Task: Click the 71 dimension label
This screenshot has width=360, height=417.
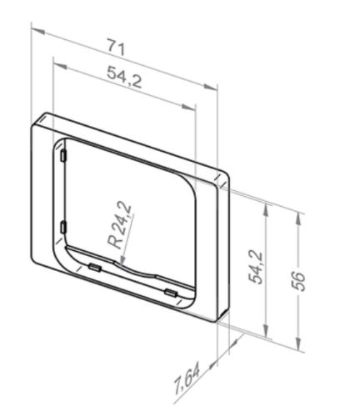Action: pos(117,48)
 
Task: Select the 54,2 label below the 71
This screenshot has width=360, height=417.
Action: pos(124,77)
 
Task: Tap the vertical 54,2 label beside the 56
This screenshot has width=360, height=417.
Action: pos(256,267)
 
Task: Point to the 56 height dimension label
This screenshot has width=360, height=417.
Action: pos(299,281)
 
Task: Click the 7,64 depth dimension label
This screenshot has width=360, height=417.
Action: pos(187,380)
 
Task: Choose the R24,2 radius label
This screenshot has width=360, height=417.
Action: pos(120,225)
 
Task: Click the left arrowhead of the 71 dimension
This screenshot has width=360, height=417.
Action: pos(38,31)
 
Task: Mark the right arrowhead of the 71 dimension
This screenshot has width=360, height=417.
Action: pos(210,88)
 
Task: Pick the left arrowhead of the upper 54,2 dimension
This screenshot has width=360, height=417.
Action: pos(59,66)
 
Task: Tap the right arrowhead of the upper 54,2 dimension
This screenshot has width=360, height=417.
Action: pos(189,107)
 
